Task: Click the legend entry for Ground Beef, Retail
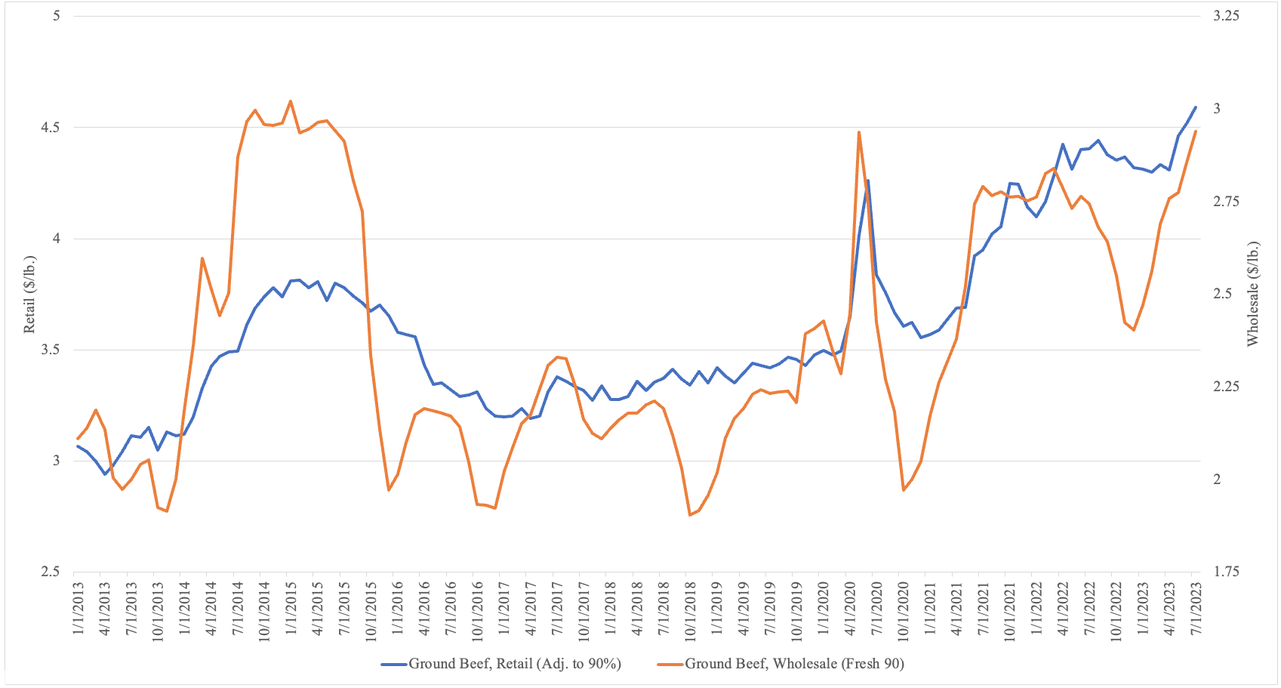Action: point(514,664)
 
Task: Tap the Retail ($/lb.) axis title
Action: point(30,295)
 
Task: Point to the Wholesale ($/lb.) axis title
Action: point(1253,294)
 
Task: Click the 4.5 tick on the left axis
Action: point(50,128)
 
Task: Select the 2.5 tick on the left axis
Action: point(50,572)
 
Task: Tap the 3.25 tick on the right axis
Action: point(1226,16)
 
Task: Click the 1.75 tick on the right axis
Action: point(1226,572)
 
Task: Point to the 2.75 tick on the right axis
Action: point(1226,202)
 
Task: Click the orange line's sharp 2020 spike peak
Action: point(859,132)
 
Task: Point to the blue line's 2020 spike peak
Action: point(868,180)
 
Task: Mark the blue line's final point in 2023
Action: point(1196,107)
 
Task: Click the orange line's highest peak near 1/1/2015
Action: point(291,101)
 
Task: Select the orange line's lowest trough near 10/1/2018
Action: point(690,515)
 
